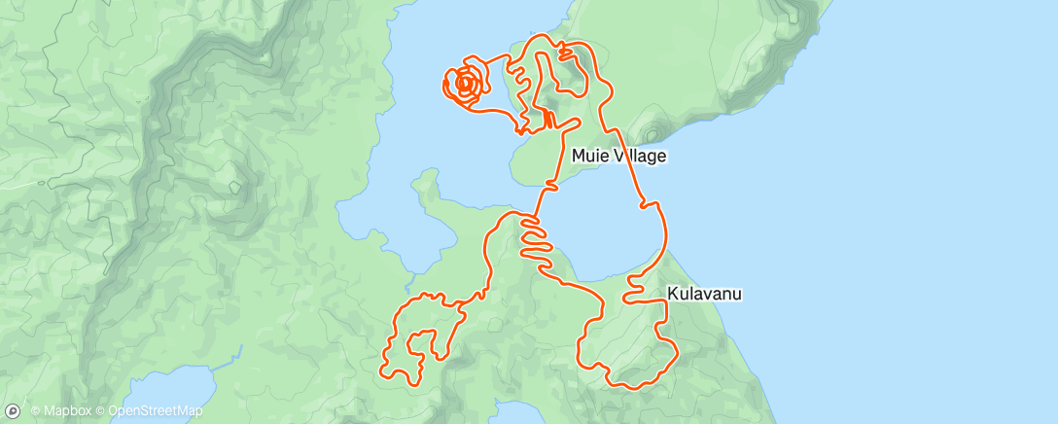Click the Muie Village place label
(x=618, y=156)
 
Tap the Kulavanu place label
(x=705, y=292)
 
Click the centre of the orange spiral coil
(x=465, y=85)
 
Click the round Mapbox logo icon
(x=13, y=410)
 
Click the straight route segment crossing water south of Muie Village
(x=544, y=194)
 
